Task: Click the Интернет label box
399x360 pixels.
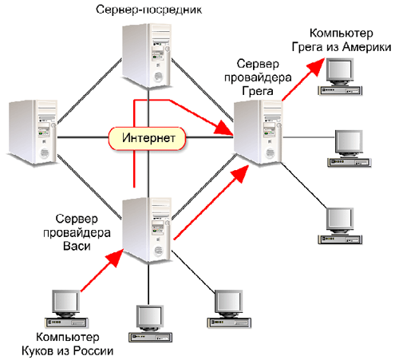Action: coord(147,138)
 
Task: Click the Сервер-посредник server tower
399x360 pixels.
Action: coord(147,55)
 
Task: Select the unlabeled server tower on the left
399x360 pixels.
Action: coord(33,133)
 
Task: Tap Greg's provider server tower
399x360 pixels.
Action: coord(258,133)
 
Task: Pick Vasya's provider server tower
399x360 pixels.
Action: coord(147,230)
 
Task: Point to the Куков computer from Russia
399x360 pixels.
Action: coord(66,309)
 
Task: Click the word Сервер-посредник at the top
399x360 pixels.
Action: coord(148,10)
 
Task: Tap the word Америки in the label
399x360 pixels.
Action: coord(367,47)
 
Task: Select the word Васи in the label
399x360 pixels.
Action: coord(77,246)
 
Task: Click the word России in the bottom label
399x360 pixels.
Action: coord(93,351)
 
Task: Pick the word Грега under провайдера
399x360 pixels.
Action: coord(258,91)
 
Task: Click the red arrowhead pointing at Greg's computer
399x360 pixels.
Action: coord(316,66)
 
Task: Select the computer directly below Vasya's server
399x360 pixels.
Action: coord(150,323)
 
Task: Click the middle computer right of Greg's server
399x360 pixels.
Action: coord(349,148)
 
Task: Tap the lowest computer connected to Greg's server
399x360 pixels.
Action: coord(340,226)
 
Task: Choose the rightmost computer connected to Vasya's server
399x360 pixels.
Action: coord(229,309)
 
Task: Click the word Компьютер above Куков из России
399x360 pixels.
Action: coord(68,338)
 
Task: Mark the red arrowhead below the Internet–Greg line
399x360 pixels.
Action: coord(239,173)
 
